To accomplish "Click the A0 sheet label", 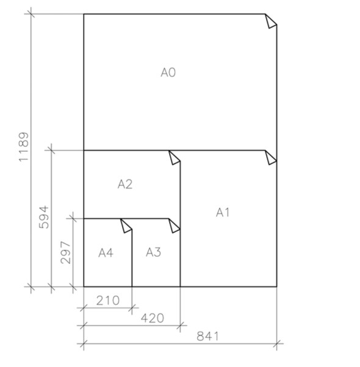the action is (x=168, y=73).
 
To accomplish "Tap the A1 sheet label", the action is (x=223, y=213).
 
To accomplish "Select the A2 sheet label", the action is (x=125, y=184).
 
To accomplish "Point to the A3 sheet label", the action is (x=153, y=252).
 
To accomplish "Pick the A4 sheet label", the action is (x=106, y=253).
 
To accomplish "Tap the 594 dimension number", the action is (x=44, y=217).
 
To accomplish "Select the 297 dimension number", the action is (x=65, y=252).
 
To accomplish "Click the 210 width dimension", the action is (x=108, y=301).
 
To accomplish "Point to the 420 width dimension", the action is (x=153, y=318).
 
